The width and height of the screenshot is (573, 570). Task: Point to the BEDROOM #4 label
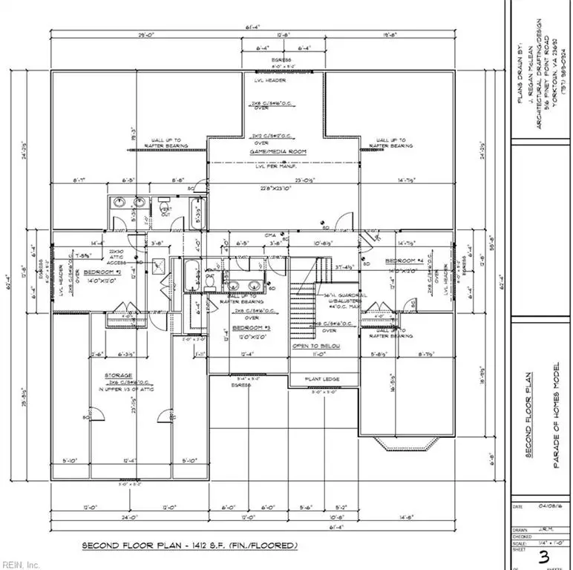tap(404, 262)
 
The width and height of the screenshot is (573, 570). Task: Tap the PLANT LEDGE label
tap(322, 379)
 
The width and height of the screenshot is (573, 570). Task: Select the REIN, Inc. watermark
tap(22, 563)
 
